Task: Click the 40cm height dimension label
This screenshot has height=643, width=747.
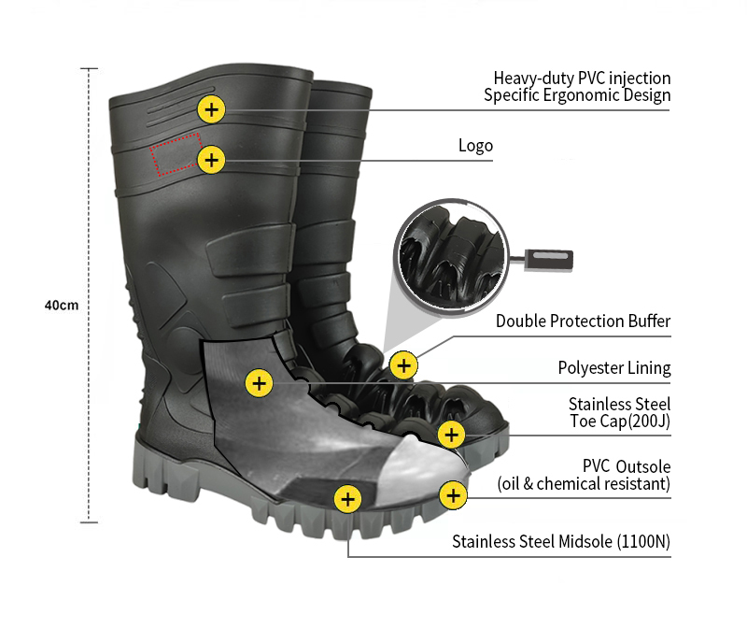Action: pos(62,306)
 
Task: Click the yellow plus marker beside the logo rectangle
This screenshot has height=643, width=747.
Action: pos(212,160)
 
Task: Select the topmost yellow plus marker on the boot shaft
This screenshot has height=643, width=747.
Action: pos(212,109)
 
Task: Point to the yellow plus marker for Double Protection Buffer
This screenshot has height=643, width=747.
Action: pos(403,364)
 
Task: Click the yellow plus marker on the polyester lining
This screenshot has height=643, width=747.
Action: pos(259,382)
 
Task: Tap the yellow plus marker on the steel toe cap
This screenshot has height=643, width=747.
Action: pos(452,434)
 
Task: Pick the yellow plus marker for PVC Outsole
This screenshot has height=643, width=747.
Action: pos(453,495)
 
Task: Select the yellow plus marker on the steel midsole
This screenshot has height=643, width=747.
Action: pos(347,499)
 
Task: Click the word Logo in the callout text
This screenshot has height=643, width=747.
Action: pos(475,146)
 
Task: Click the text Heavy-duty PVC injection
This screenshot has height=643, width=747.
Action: pos(582,79)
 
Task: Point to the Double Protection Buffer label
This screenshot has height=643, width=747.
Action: pos(583,321)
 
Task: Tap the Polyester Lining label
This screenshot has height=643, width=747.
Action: pos(614,368)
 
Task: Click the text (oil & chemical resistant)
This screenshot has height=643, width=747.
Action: pos(584,484)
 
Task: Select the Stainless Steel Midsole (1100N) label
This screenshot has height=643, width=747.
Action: pos(561,541)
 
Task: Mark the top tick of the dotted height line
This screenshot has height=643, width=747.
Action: pos(89,69)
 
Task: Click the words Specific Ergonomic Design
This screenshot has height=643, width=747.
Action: pos(577,95)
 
